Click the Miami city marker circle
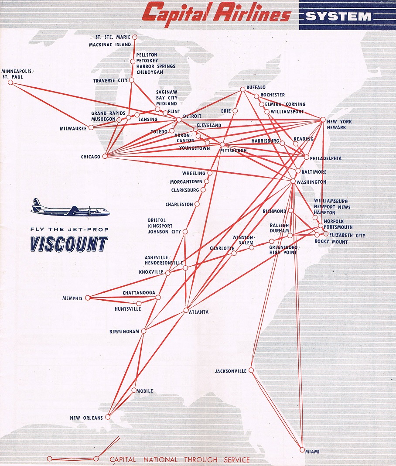pyautogui.click(x=302, y=449)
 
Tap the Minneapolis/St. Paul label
pyautogui.click(x=17, y=74)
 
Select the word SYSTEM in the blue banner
pyautogui.click(x=338, y=17)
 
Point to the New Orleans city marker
pyautogui.click(x=108, y=417)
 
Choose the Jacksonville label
pyautogui.click(x=230, y=371)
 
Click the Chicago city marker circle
pyautogui.click(x=105, y=156)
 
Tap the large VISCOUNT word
pyautogui.click(x=69, y=244)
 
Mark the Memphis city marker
pyautogui.click(x=87, y=298)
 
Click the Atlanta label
pyautogui.click(x=198, y=312)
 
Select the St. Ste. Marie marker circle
pyautogui.click(x=134, y=37)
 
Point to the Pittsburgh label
pyautogui.click(x=233, y=151)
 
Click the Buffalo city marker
pyautogui.click(x=242, y=89)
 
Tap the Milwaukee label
pyautogui.click(x=73, y=128)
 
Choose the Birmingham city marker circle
pyautogui.click(x=143, y=331)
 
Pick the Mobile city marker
pyautogui.click(x=133, y=390)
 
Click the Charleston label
pyautogui.click(x=179, y=204)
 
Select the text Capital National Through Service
pyautogui.click(x=179, y=459)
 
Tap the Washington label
pyautogui.click(x=311, y=182)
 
